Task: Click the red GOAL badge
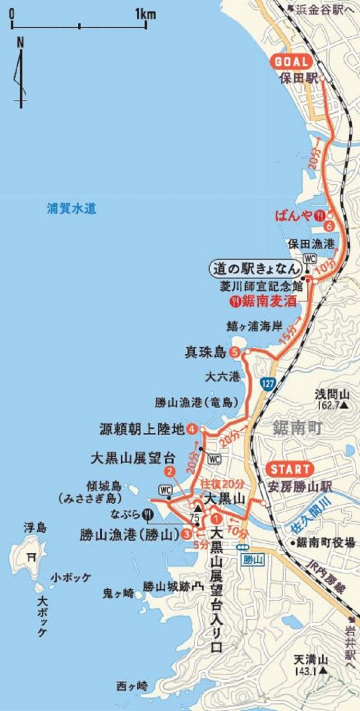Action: click(291, 62)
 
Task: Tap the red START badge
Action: click(289, 469)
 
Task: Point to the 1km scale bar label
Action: click(145, 14)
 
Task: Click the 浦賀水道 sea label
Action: click(72, 209)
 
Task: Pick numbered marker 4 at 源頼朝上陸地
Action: click(193, 429)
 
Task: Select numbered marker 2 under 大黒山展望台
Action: click(169, 472)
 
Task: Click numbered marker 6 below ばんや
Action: click(329, 226)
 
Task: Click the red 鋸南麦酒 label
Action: click(268, 301)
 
